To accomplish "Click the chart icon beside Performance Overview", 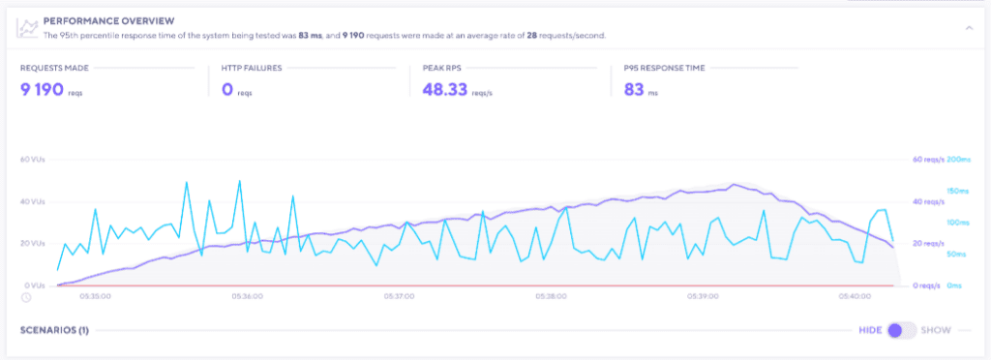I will pos(28,27).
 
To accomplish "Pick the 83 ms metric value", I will pos(635,90).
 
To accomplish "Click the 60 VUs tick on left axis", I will pos(32,159).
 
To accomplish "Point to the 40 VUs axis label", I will pos(32,201).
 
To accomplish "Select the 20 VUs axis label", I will pos(32,244).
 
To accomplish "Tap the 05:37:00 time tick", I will pos(400,296).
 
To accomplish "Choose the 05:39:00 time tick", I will pos(702,296).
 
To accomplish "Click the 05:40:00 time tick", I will pos(855,296).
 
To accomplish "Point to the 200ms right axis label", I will pos(958,159).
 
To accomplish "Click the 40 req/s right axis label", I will pos(926,201).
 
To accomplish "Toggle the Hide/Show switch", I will pos(901,330).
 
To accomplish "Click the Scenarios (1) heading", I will pos(54,330).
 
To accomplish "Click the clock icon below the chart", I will pos(25,297).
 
